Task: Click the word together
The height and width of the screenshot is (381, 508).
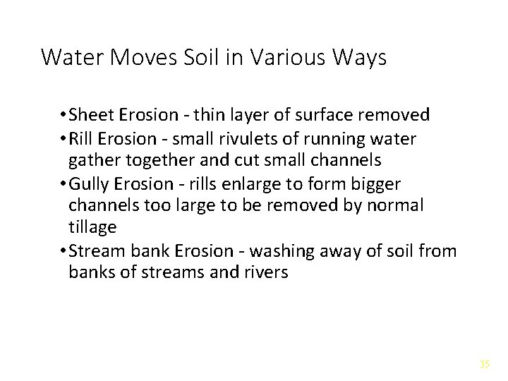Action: [152, 160]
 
